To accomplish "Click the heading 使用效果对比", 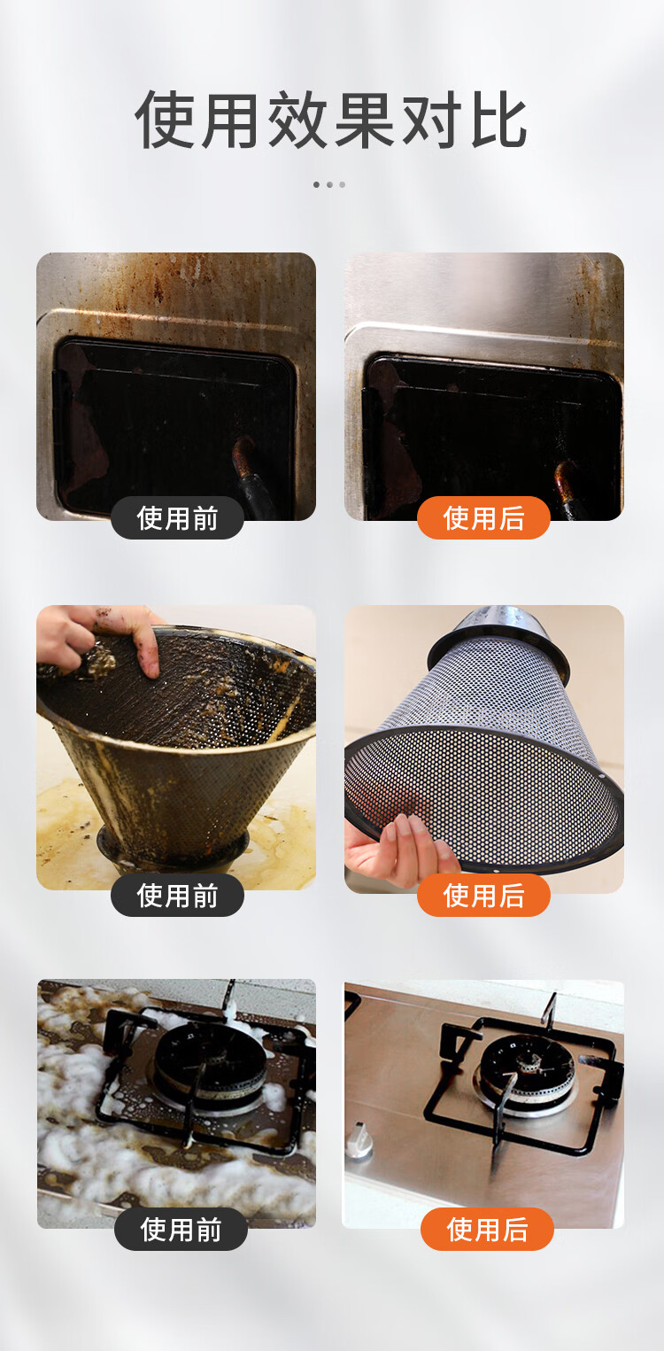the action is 331,120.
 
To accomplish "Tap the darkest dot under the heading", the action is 317,184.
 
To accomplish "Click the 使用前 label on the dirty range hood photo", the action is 177,518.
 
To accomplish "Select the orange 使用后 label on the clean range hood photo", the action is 484,518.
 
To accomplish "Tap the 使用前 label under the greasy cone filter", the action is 177,895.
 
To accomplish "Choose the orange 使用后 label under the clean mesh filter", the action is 484,895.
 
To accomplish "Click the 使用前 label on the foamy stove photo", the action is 181,1229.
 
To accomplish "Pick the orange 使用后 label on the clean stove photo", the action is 487,1229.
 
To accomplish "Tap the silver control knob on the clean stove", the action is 359,1140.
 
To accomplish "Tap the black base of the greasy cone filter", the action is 172,848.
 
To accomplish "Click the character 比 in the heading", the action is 499,120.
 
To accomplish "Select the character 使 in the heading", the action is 164,120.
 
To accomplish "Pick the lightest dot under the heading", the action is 343,184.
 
